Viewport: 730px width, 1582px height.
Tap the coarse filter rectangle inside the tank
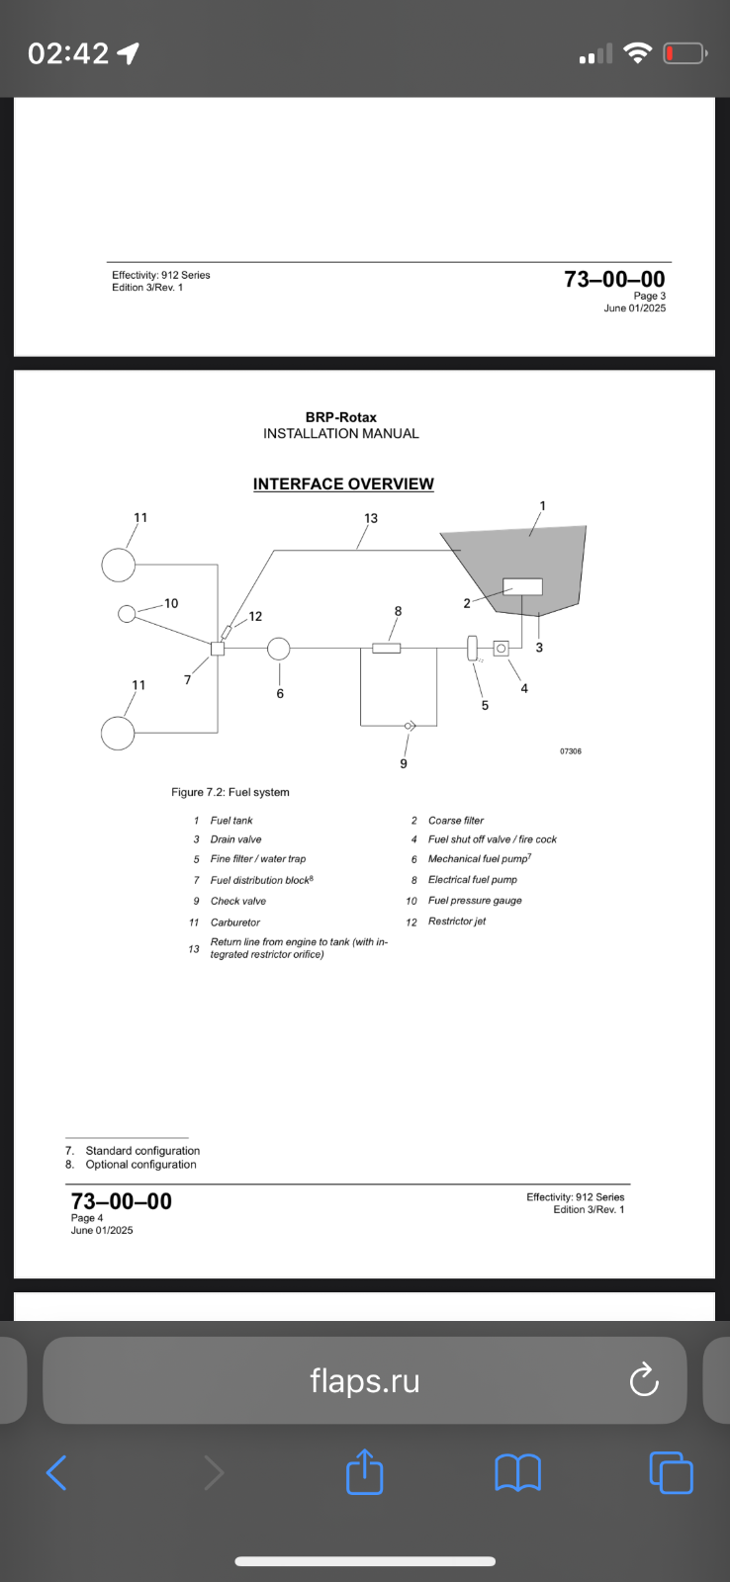point(522,586)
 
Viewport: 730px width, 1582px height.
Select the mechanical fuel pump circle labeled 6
point(279,649)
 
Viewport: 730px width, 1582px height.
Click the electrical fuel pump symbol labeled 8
point(386,649)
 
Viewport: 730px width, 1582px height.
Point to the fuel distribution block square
point(218,649)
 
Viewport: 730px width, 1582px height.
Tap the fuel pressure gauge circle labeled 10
point(127,614)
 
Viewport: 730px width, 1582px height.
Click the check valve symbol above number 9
point(410,726)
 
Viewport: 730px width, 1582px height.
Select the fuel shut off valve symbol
point(501,649)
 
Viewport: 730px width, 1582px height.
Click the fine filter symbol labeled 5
point(473,649)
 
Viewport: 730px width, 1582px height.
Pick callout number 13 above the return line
point(371,518)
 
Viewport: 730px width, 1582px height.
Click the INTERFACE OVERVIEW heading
point(343,484)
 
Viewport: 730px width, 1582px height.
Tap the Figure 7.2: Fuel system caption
point(230,792)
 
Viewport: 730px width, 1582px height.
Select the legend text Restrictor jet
point(457,922)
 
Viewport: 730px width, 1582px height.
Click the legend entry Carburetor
point(235,923)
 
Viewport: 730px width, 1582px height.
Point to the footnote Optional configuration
point(140,1165)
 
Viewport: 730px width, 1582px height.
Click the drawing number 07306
point(571,751)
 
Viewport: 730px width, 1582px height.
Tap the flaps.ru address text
point(364,1380)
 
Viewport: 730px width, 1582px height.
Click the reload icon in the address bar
point(644,1380)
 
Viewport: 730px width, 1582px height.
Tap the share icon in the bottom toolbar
point(364,1472)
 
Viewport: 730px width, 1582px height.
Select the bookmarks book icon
point(517,1472)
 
